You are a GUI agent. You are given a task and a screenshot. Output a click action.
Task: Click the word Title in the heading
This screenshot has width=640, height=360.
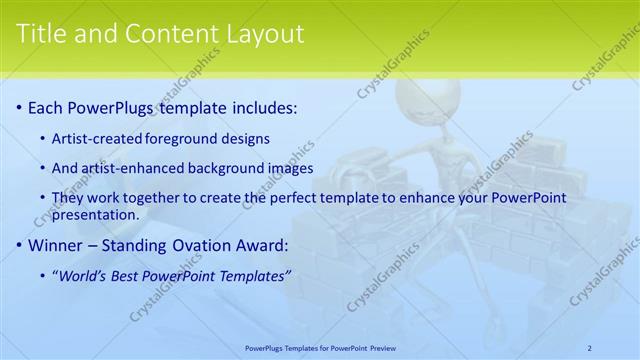(42, 34)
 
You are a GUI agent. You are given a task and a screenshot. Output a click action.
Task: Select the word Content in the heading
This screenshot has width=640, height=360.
(165, 34)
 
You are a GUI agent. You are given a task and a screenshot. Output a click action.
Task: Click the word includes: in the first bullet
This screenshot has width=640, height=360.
(262, 107)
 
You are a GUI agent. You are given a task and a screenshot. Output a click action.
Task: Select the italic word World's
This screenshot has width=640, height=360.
(82, 275)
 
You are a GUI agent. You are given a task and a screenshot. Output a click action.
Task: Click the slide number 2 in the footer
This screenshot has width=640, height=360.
(589, 348)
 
